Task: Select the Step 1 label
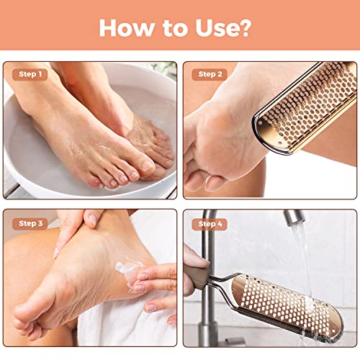point(30,74)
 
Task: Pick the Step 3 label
point(30,223)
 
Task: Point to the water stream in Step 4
point(302,259)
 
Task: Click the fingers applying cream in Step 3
point(155,277)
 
